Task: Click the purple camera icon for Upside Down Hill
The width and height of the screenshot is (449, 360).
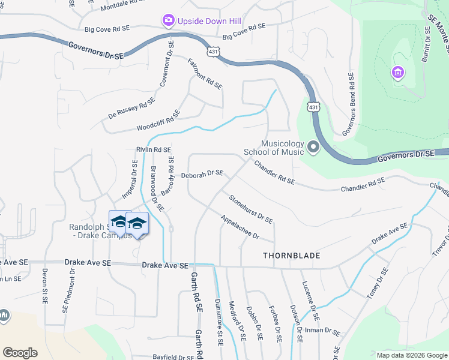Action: coord(168,21)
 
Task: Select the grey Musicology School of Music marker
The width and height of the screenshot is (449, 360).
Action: coord(313,147)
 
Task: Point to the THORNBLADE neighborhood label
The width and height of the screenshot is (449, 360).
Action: coord(291,256)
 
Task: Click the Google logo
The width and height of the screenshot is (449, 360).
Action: coord(20,353)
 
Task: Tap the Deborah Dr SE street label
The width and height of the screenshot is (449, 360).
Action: coord(202,174)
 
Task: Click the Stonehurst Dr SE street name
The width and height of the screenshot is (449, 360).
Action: coord(251,209)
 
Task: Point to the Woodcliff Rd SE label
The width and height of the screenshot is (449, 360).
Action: coord(158,121)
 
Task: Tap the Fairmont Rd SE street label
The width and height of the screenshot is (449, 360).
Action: coord(205,74)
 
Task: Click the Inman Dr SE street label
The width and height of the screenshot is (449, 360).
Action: coord(324,331)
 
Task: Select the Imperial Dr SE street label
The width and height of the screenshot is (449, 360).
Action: coord(130,179)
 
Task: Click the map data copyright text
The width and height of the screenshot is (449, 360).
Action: coord(411,355)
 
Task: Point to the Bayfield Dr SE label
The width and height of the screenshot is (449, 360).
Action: coord(173,357)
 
